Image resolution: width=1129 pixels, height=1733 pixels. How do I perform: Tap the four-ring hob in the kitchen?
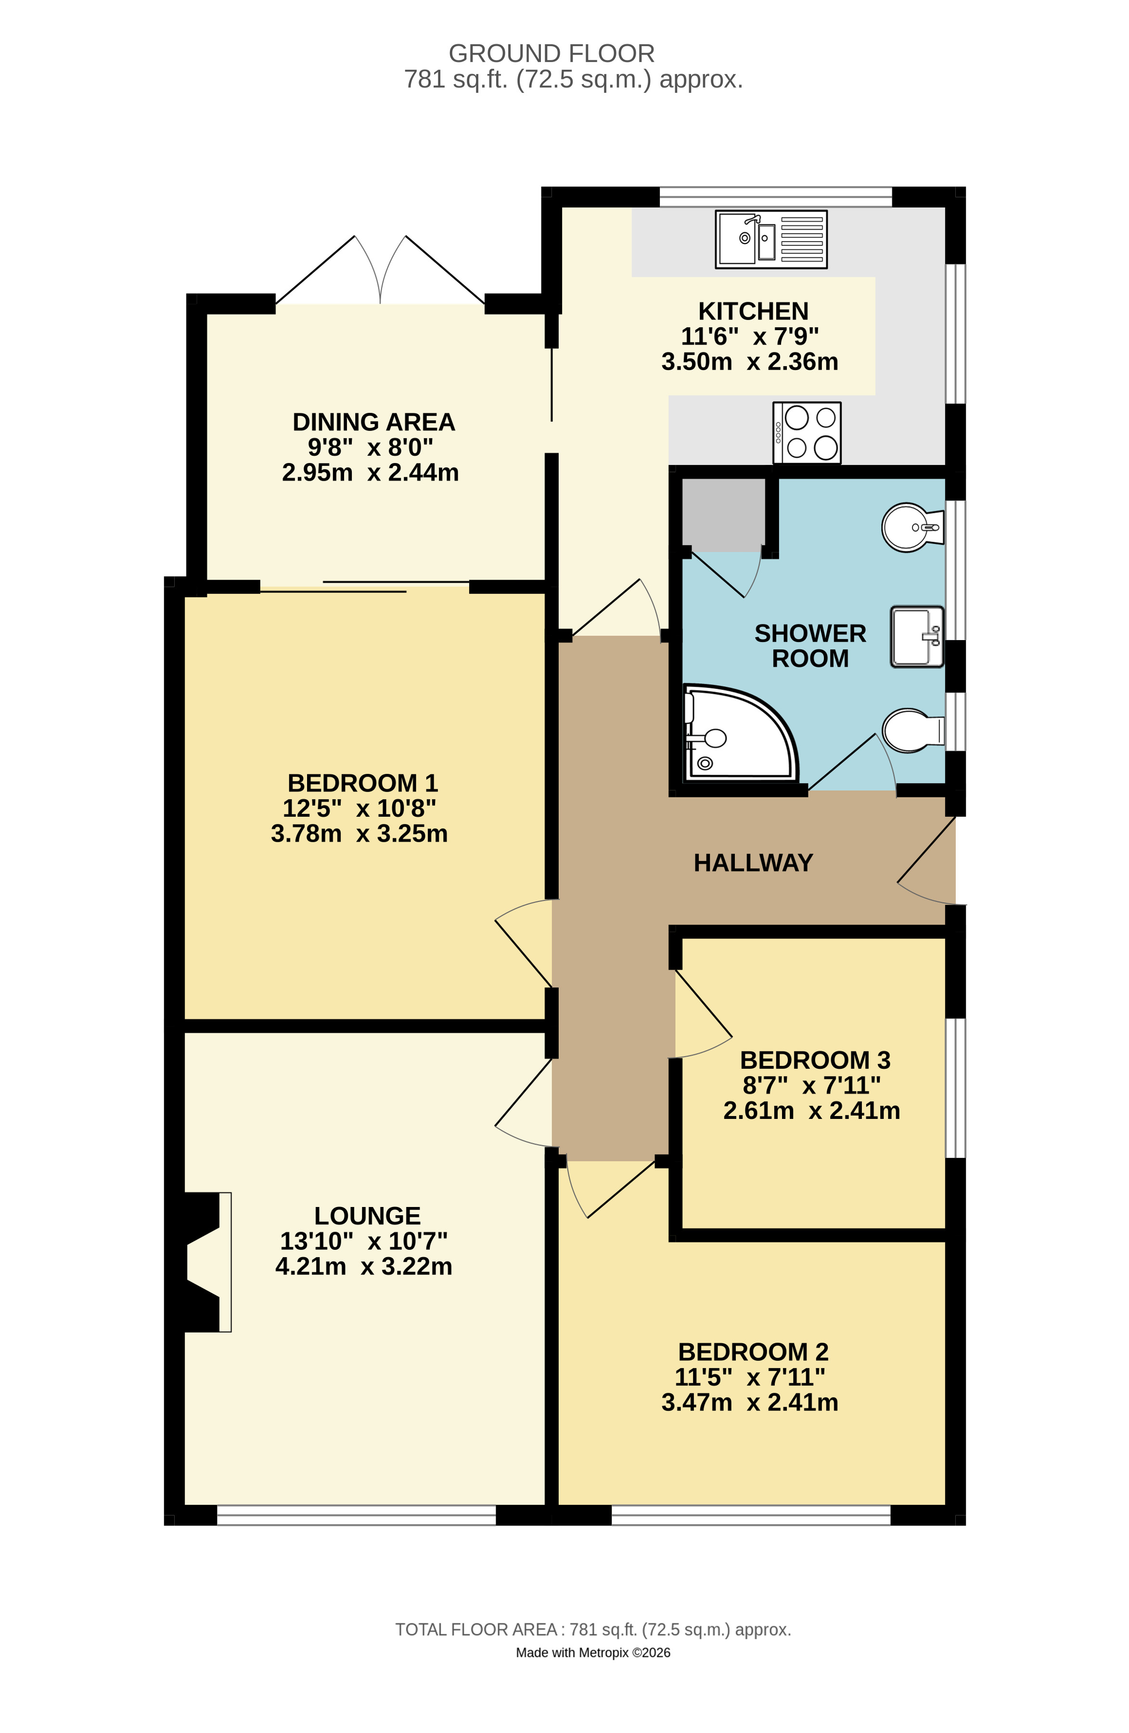[807, 433]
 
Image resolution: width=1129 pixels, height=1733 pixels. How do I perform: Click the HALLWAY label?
[753, 863]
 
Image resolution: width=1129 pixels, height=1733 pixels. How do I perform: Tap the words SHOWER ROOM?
[810, 646]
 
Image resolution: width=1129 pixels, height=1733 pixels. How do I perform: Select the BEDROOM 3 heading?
[815, 1060]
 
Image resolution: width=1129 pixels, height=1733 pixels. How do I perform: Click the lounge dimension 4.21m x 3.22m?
[364, 1266]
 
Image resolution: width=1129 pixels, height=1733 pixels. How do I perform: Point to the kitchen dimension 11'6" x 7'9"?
[750, 336]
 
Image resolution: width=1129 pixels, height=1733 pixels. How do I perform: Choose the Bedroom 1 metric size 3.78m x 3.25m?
[359, 834]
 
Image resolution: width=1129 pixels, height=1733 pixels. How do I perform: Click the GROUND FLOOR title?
[552, 53]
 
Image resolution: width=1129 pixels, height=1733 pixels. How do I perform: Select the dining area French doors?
[380, 271]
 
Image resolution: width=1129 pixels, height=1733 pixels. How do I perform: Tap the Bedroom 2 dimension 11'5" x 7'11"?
[750, 1377]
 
